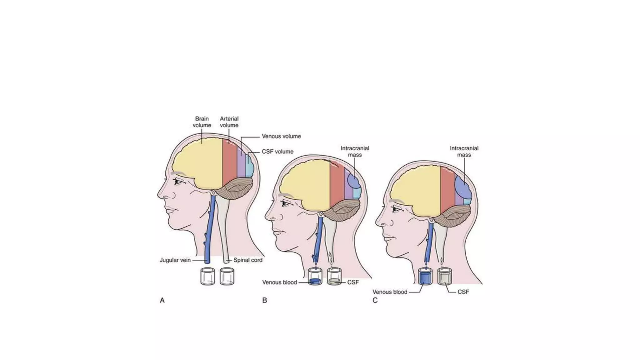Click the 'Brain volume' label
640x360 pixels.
point(202,122)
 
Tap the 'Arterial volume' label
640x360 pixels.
point(229,122)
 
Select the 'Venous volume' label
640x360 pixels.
point(281,136)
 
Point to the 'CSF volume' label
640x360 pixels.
point(277,152)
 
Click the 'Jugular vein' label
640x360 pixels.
point(175,260)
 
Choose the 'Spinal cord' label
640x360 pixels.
point(248,260)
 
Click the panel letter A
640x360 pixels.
point(162,300)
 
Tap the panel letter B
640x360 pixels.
point(265,300)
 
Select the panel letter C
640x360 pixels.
point(375,300)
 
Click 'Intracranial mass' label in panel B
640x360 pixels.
point(355,152)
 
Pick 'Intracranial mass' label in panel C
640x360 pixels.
point(464,152)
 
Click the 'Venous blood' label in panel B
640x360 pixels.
point(279,282)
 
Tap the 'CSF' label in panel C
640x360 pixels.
point(463,292)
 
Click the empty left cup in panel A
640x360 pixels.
point(207,276)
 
